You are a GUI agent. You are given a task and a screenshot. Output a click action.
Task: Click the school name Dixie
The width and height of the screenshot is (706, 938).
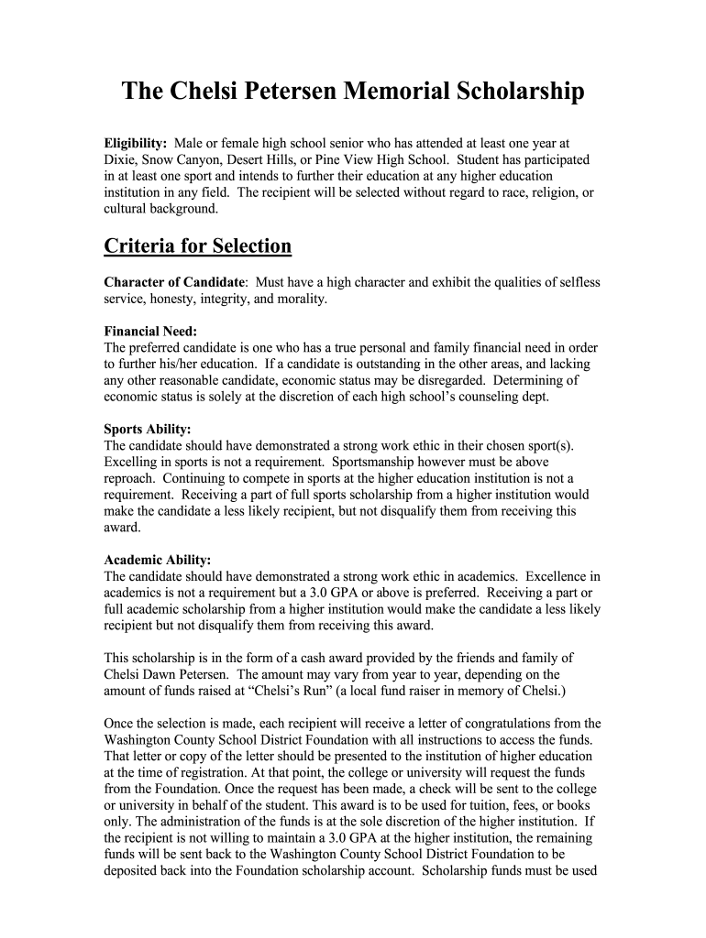pyautogui.click(x=120, y=159)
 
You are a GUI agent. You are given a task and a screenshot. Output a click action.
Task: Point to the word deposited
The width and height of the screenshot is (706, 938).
pyautogui.click(x=134, y=870)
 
